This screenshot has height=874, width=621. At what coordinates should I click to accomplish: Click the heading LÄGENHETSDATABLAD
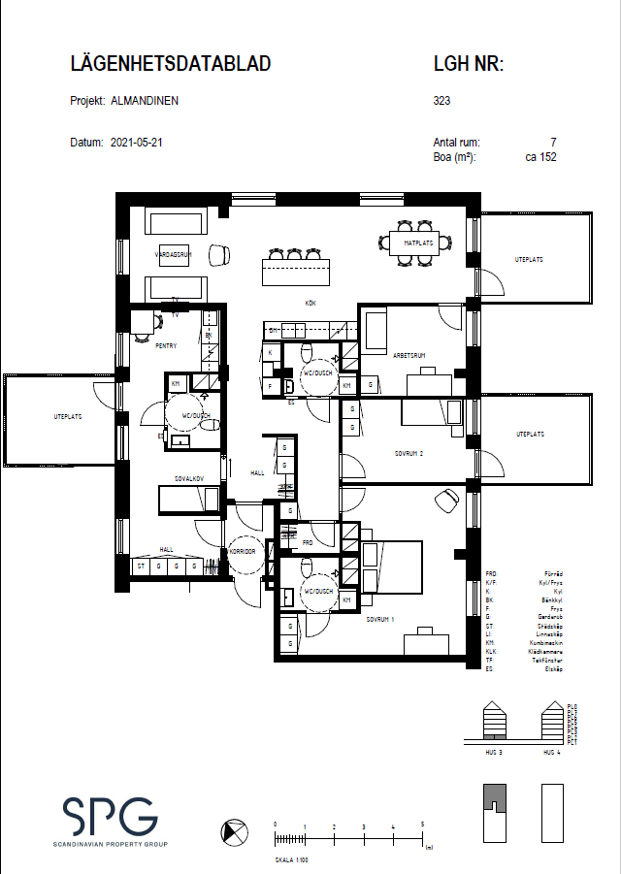coord(171,65)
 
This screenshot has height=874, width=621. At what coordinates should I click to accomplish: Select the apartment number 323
coord(441,100)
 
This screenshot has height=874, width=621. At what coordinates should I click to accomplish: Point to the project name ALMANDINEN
coord(145,100)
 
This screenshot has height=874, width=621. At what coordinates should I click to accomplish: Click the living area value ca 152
coord(540,156)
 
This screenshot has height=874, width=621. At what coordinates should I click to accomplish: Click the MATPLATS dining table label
coord(418,243)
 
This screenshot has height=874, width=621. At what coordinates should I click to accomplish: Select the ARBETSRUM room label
coord(409,356)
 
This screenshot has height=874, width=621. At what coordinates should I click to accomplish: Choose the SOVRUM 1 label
coord(380,617)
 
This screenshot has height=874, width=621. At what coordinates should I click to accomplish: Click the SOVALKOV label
coord(188,479)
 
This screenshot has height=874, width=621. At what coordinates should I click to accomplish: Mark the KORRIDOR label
coord(242,551)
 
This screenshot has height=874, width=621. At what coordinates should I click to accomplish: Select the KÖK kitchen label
coord(310,304)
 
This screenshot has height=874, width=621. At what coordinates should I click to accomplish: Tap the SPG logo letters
coord(109,817)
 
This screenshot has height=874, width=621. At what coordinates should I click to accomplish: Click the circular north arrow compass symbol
coord(233,831)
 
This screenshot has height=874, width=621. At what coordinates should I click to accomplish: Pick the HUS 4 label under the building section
coord(551,753)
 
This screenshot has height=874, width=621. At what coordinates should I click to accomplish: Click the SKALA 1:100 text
coord(292,859)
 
